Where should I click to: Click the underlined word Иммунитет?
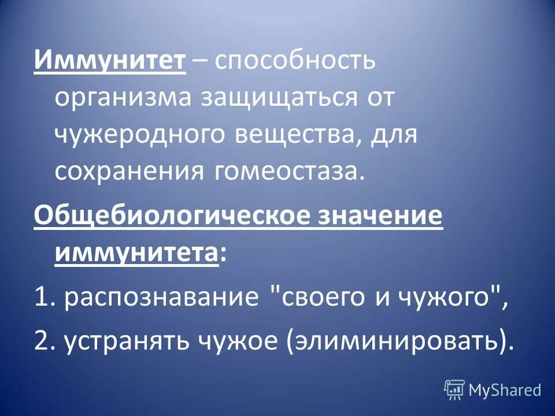110,60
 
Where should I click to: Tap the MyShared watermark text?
505,390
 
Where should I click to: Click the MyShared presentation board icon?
454,389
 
